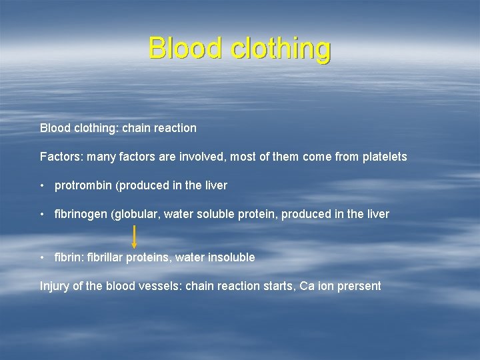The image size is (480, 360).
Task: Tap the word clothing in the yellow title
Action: point(280,49)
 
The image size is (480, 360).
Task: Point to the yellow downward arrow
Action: point(135,237)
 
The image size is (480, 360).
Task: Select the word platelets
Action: point(385,157)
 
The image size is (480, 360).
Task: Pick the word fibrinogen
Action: point(81,214)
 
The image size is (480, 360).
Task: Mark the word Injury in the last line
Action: point(55,286)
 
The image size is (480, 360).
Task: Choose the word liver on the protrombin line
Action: point(215,185)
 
